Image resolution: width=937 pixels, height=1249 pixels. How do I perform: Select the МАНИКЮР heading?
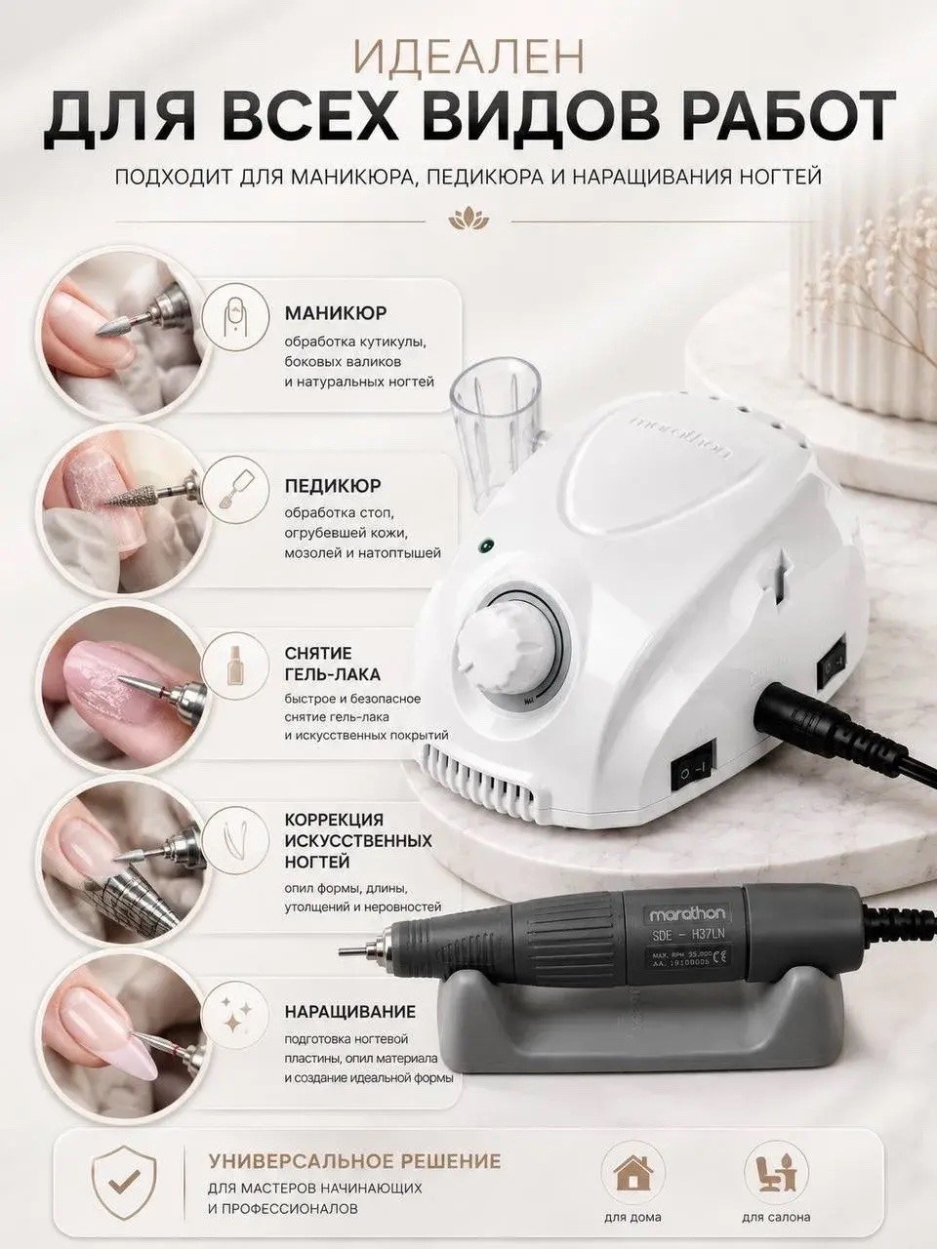(x=336, y=313)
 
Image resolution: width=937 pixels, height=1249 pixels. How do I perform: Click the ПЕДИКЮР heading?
(x=333, y=487)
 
